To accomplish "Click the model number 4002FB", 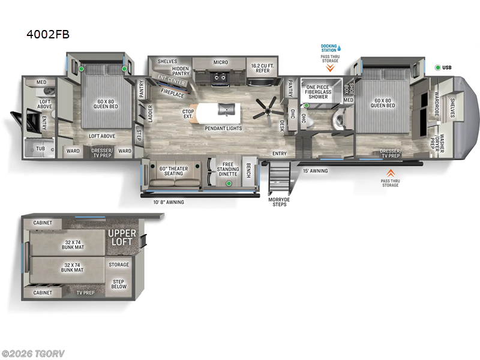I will (48, 34).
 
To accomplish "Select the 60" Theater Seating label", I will (173, 171).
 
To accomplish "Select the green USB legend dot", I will (439, 67).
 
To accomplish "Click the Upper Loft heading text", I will (122, 237).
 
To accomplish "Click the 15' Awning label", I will (314, 170).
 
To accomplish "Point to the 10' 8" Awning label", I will (168, 202).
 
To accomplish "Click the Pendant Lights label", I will (223, 128).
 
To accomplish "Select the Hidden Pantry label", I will (176, 70).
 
